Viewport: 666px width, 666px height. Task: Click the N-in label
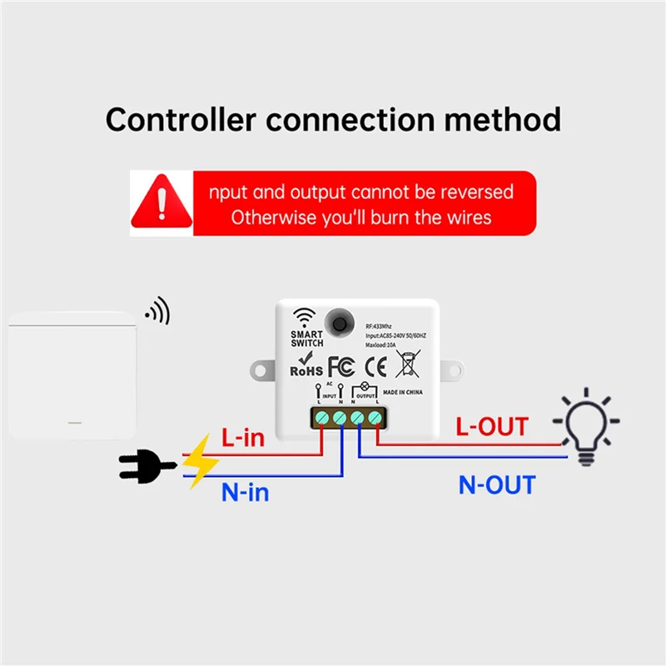tap(245, 492)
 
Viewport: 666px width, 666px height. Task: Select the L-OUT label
tap(491, 426)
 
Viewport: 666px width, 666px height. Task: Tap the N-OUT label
tap(497, 485)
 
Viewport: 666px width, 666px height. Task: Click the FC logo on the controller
tap(341, 366)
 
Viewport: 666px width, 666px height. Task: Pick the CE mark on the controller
tap(376, 366)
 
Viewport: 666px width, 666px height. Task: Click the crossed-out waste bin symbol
tap(408, 365)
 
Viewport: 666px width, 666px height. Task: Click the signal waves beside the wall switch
tap(157, 311)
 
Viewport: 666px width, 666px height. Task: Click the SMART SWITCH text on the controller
tap(306, 338)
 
